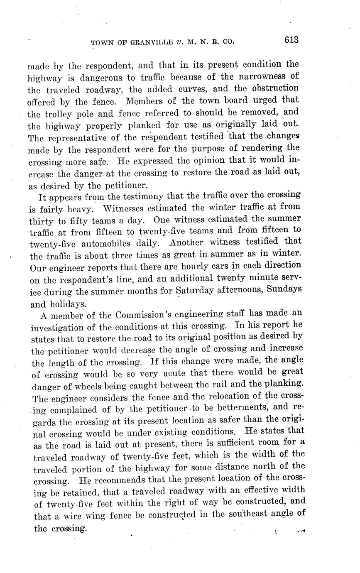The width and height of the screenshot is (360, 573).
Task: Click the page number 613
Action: click(291, 40)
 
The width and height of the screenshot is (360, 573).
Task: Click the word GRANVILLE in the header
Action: click(138, 42)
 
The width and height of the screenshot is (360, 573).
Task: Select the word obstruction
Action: click(275, 88)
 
